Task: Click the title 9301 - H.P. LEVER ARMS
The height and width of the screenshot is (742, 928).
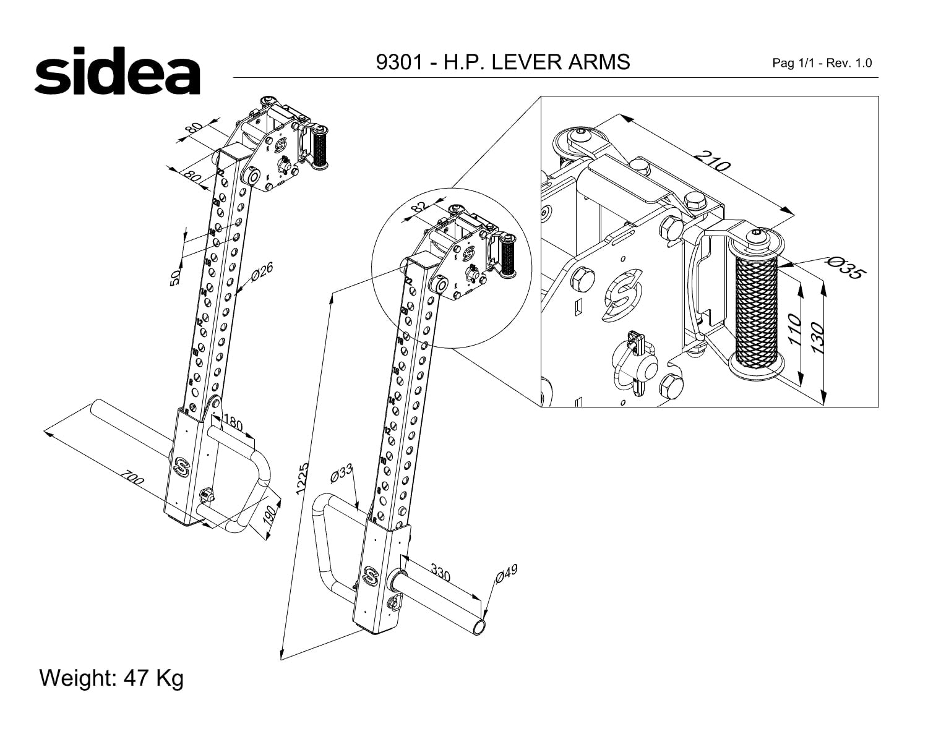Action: point(503,62)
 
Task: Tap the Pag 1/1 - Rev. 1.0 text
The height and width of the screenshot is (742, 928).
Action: point(822,63)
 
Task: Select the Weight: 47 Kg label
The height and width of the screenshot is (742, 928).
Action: point(111,678)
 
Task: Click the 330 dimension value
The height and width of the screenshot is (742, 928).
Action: point(440,573)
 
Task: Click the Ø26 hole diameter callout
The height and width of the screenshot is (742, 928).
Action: point(263,271)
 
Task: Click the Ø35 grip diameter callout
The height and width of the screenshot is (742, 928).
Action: point(844,267)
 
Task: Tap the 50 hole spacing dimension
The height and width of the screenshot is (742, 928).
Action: point(175,277)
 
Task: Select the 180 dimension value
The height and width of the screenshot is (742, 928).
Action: point(232,424)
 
